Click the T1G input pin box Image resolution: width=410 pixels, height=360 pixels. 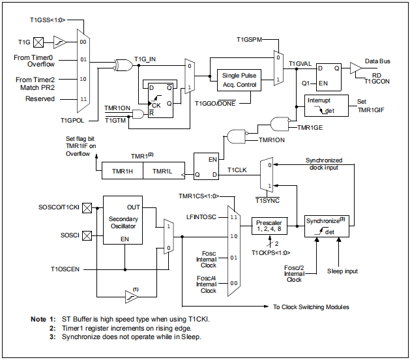39,42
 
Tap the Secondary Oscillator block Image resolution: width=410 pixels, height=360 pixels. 124,223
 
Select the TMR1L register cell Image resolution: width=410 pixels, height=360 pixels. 163,170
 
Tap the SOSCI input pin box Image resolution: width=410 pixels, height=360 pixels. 85,233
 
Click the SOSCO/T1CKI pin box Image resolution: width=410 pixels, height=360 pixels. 85,207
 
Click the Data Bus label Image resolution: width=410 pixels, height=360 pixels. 377,61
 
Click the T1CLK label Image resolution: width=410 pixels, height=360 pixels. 237,170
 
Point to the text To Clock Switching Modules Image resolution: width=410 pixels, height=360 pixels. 311,306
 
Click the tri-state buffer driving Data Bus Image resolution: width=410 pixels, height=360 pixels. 355,67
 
